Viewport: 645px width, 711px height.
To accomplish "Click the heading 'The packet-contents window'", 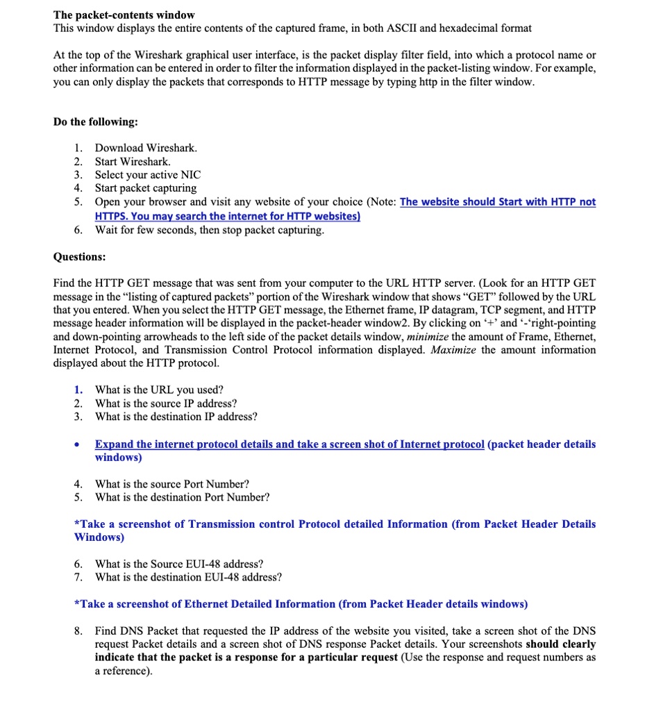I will (124, 15).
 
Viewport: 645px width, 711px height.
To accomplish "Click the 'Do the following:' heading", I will (95, 122).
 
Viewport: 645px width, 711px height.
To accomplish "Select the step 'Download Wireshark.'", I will (146, 148).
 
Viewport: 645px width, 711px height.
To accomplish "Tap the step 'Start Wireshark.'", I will (133, 161).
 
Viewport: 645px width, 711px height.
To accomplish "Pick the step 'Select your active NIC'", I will (147, 175).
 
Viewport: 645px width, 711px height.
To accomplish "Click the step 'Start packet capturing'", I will (146, 188).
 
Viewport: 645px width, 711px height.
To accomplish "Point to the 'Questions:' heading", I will (79, 256).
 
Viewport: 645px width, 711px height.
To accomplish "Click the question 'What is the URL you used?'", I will (159, 390).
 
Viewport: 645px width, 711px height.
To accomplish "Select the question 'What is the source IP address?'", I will (166, 403).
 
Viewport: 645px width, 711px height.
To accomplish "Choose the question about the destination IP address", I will (176, 417).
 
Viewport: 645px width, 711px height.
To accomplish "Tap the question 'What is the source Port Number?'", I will (172, 484).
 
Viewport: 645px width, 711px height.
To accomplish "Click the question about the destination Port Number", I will (182, 497).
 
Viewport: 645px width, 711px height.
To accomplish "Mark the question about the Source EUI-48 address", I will (179, 564).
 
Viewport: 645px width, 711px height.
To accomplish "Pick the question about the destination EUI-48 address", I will (188, 577).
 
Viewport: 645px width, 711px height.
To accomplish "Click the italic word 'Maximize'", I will (453, 350).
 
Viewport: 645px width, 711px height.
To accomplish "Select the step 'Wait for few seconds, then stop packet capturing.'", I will (209, 230).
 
